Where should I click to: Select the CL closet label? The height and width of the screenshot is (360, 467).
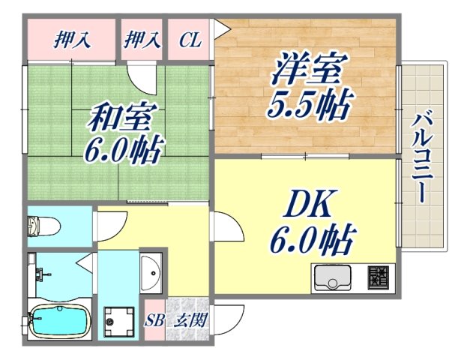click(190, 40)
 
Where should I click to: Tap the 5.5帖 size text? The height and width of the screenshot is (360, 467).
click(308, 106)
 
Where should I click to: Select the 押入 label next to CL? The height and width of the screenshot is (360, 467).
click(143, 40)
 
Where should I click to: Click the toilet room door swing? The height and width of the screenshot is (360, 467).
click(105, 223)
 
